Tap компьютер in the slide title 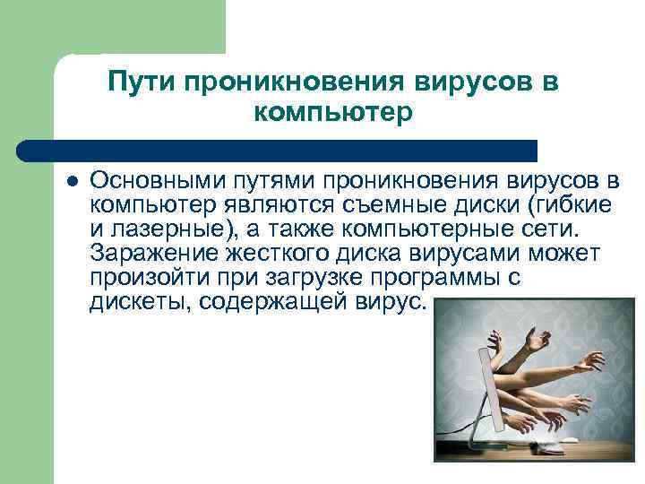pos(333,114)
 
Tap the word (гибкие pos(560,205)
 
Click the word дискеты pos(138,302)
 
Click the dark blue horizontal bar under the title pos(278,150)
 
